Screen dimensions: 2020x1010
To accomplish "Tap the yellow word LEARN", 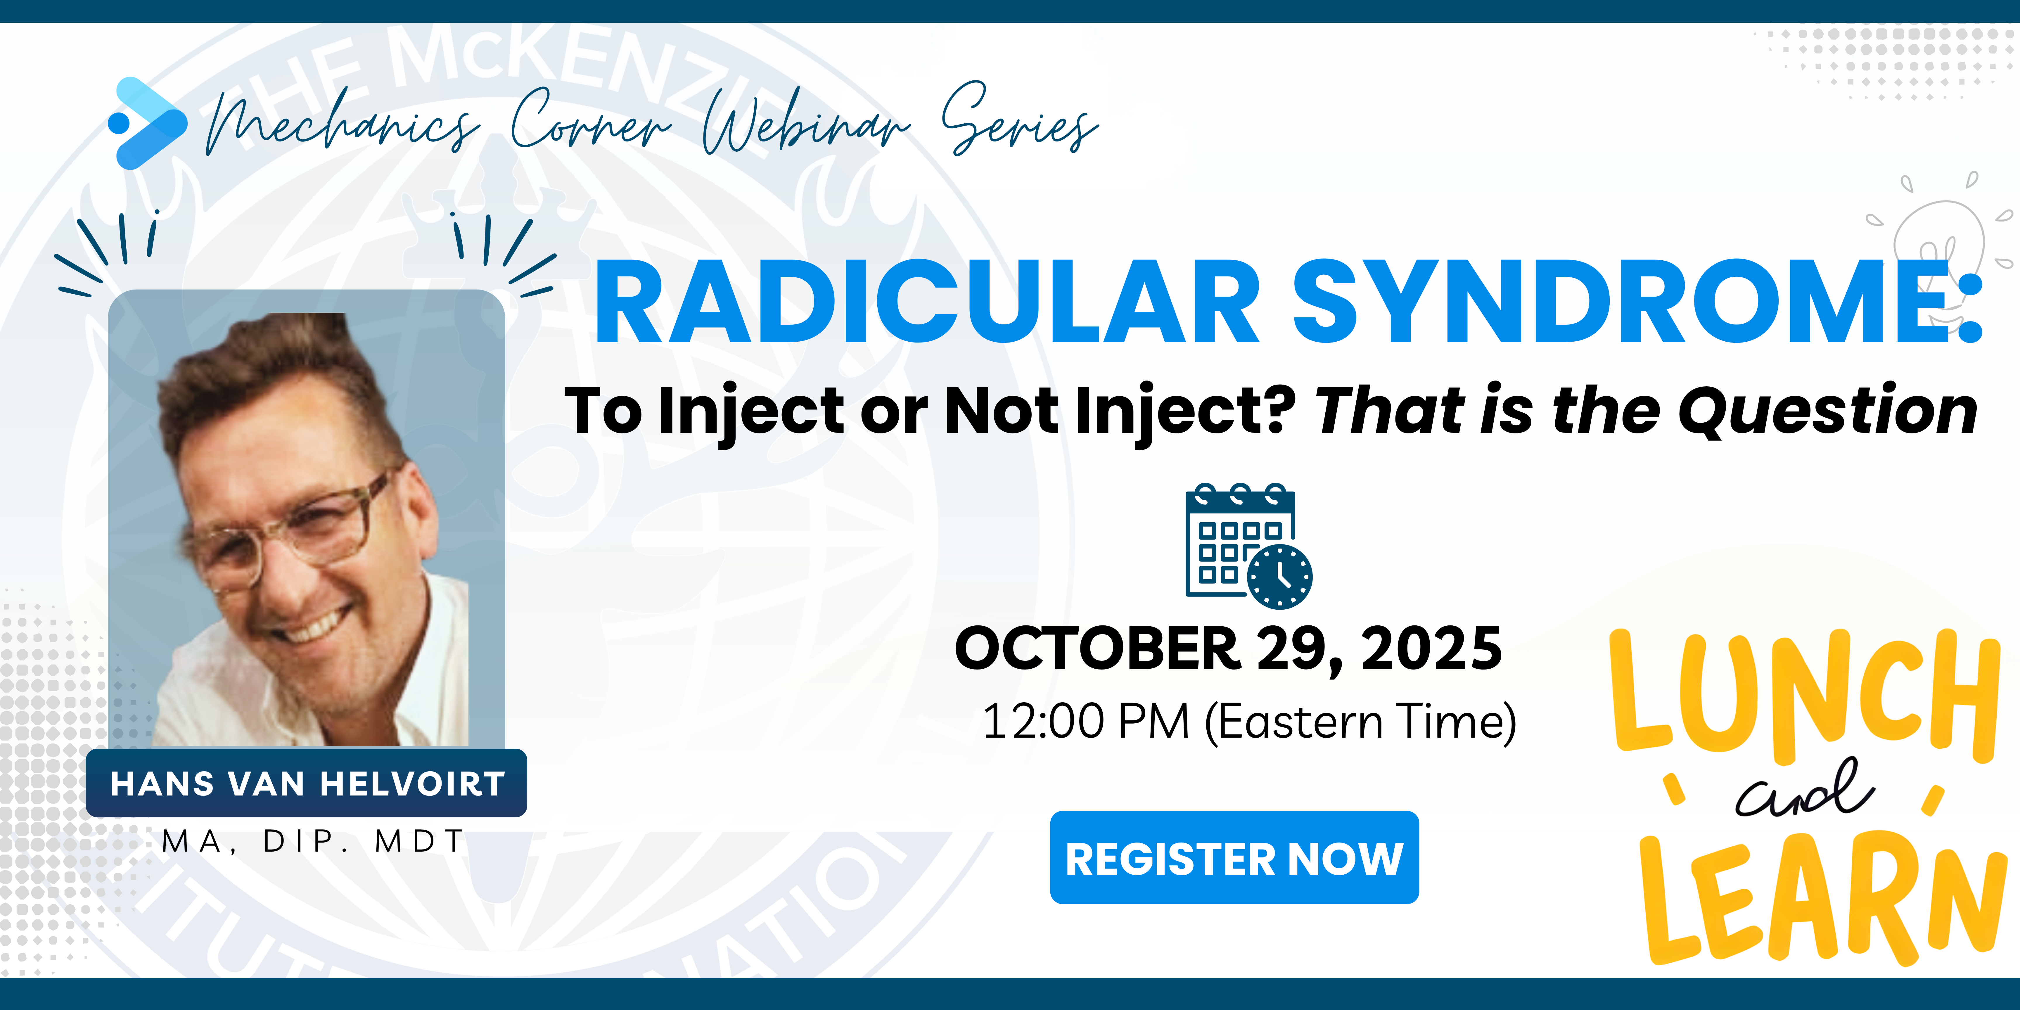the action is [1819, 902].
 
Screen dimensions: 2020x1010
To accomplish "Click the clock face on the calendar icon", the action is [1280, 576].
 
